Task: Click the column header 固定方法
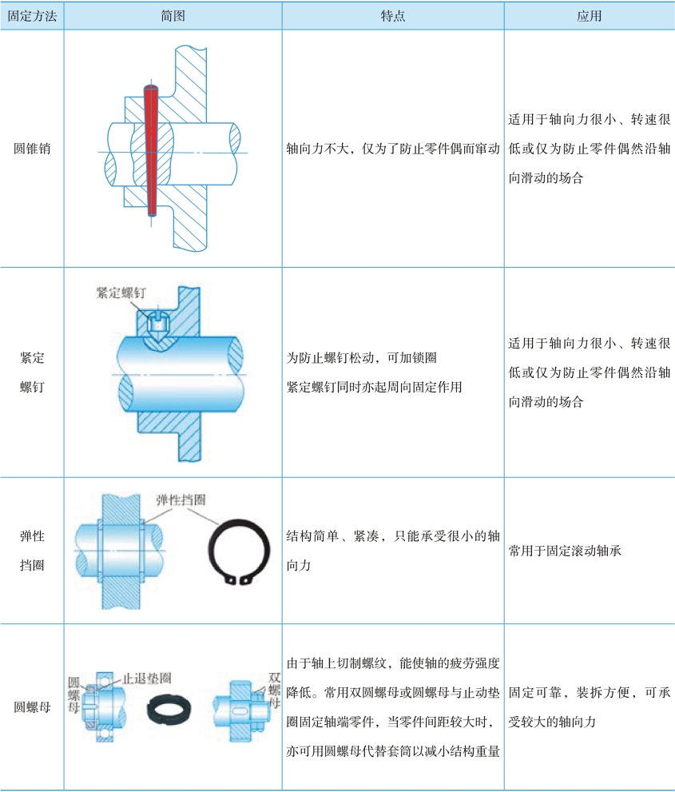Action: (x=32, y=15)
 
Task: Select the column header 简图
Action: (x=172, y=15)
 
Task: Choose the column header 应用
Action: (x=589, y=15)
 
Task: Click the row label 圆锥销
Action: (x=32, y=149)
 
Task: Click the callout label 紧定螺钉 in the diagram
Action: (x=120, y=293)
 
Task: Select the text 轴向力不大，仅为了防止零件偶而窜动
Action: (x=392, y=149)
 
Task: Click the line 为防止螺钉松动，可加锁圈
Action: (x=361, y=357)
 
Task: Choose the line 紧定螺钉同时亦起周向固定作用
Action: (x=374, y=387)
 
